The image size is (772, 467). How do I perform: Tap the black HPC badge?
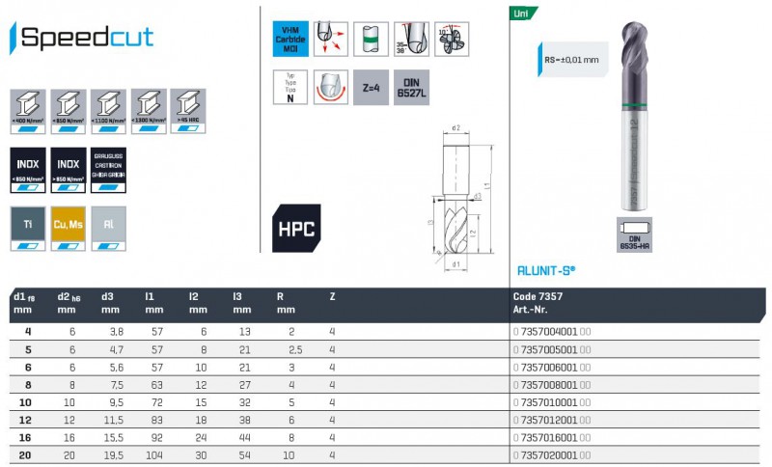(295, 229)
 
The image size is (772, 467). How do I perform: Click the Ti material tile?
(28, 228)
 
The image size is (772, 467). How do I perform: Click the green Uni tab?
(522, 14)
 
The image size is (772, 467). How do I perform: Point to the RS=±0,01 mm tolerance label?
(573, 60)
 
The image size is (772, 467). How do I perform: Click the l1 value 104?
(152, 454)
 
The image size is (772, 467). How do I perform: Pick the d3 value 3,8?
(111, 331)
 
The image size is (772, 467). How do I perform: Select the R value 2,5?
(294, 348)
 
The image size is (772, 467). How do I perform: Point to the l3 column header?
(238, 297)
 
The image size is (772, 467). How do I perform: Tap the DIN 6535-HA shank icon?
(635, 234)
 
